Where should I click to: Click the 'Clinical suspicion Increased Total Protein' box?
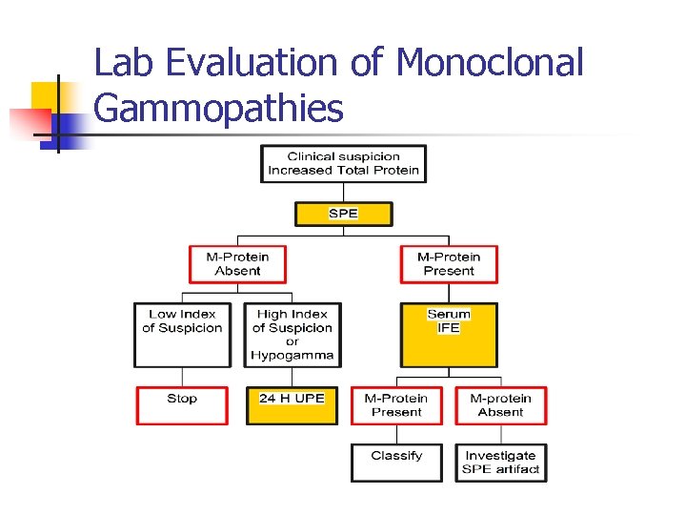click(x=343, y=163)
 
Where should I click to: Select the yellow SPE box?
click(x=343, y=213)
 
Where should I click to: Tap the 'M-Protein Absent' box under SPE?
click(x=237, y=263)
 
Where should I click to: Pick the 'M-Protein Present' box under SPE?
click(x=449, y=263)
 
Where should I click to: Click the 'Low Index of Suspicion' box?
click(x=182, y=334)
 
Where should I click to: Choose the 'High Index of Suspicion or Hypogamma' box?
click(x=293, y=334)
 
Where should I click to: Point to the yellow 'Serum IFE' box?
click(x=449, y=334)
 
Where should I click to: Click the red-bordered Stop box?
click(x=182, y=404)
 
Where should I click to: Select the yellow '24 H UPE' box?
click(x=293, y=404)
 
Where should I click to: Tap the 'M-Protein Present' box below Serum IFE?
click(x=396, y=404)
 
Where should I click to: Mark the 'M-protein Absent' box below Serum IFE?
click(x=501, y=404)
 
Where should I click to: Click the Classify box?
click(x=396, y=463)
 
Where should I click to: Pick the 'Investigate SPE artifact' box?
click(x=501, y=463)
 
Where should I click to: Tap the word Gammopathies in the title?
click(x=218, y=108)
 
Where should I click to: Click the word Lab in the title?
click(x=125, y=63)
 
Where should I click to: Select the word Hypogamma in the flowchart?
click(x=293, y=355)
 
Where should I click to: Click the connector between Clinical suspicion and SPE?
click(x=343, y=191)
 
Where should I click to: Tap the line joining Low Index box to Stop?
click(x=182, y=377)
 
